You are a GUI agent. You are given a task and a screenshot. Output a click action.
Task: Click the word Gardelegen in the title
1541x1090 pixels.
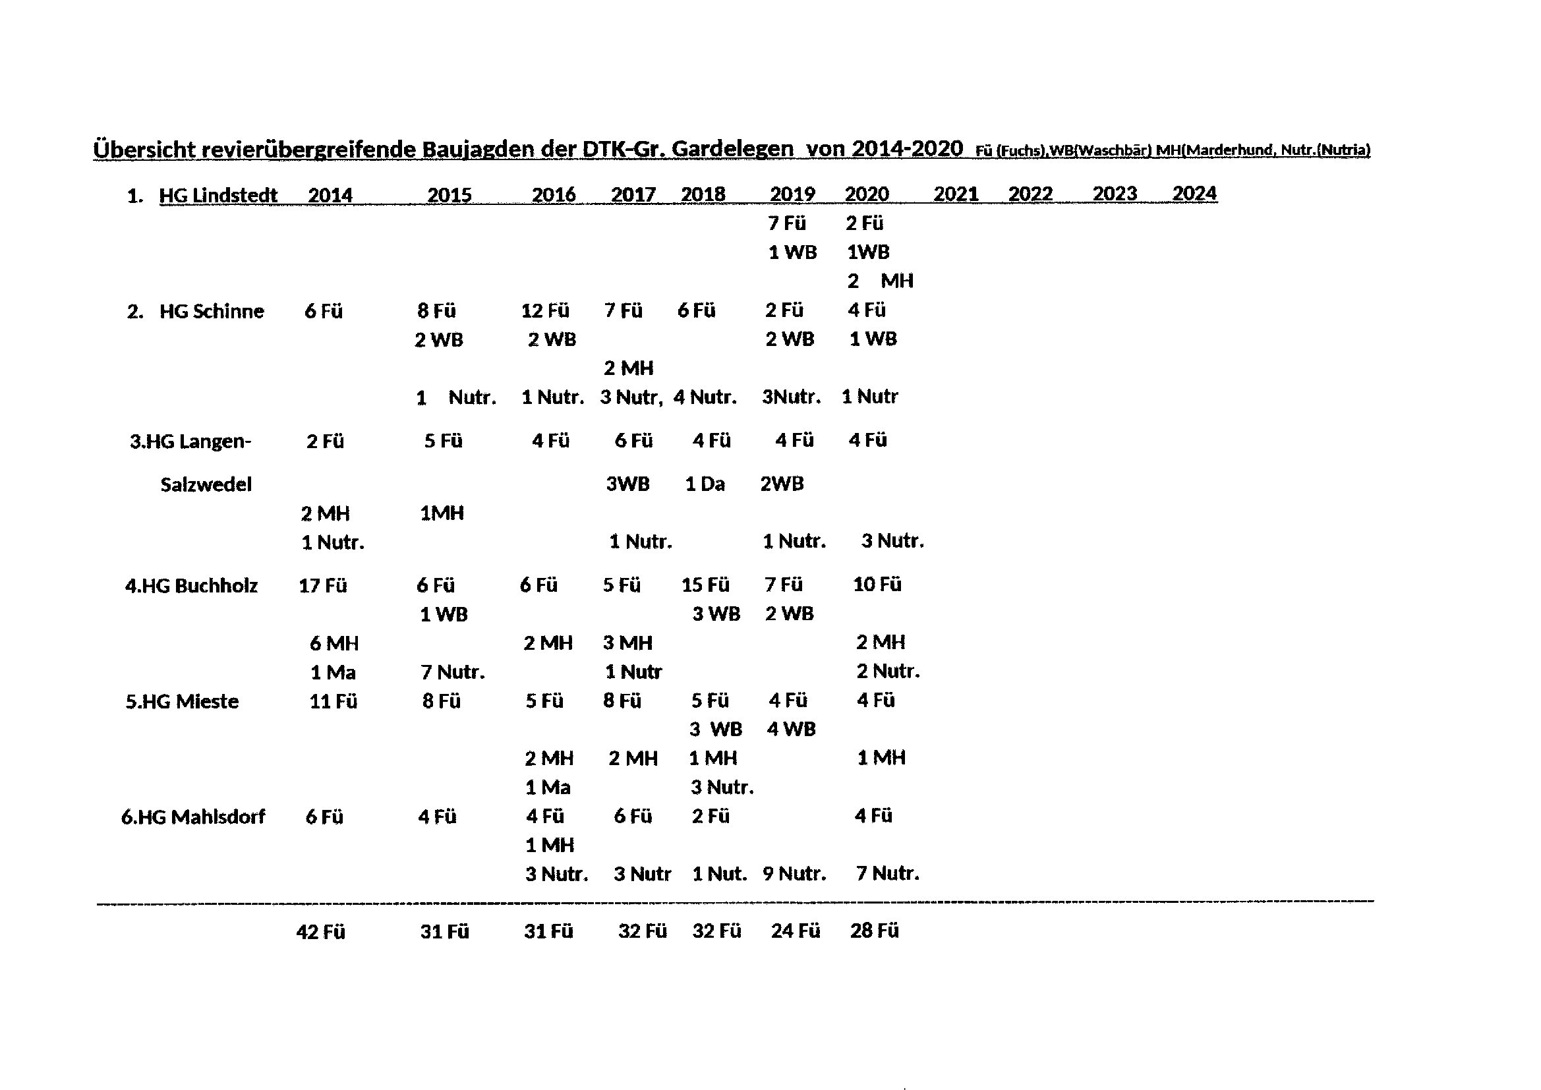click(x=732, y=149)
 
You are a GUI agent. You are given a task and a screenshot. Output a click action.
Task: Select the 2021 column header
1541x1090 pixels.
click(x=956, y=194)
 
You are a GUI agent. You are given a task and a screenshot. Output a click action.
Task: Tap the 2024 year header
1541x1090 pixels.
click(x=1194, y=193)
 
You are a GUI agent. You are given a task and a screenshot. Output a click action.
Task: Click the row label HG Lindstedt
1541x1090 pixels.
click(x=218, y=195)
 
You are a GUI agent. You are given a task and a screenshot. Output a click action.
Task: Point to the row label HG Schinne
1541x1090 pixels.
click(x=212, y=312)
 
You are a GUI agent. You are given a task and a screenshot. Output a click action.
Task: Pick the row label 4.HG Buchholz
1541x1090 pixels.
click(x=191, y=586)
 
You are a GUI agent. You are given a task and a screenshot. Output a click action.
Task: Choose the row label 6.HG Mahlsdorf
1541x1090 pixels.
click(x=193, y=817)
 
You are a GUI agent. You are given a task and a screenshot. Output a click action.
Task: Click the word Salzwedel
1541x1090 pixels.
click(x=206, y=484)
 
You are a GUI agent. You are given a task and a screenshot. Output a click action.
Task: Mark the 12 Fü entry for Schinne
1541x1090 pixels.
click(x=545, y=311)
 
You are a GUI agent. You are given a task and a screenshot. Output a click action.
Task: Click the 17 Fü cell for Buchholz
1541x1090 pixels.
click(x=323, y=586)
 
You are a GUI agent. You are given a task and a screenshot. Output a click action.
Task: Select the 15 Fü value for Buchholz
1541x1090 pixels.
click(x=705, y=585)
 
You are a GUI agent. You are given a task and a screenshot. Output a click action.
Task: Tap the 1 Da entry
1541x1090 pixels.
click(x=705, y=484)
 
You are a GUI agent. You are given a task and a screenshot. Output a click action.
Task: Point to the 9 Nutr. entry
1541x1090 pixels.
click(x=794, y=874)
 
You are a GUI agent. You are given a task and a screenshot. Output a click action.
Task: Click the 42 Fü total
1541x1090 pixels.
click(x=321, y=932)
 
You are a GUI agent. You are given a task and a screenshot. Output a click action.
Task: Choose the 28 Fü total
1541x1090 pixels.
click(x=875, y=931)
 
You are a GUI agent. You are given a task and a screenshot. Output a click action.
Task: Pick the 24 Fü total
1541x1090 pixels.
click(x=796, y=931)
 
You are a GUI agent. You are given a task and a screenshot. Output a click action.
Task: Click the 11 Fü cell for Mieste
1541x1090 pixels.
click(x=333, y=702)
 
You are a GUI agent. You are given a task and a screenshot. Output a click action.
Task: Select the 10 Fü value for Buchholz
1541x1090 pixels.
click(x=877, y=585)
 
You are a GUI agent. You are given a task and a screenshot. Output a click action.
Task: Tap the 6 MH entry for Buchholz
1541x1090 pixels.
click(x=334, y=644)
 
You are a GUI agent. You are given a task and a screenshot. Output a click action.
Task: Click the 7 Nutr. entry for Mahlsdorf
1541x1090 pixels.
click(x=888, y=873)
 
